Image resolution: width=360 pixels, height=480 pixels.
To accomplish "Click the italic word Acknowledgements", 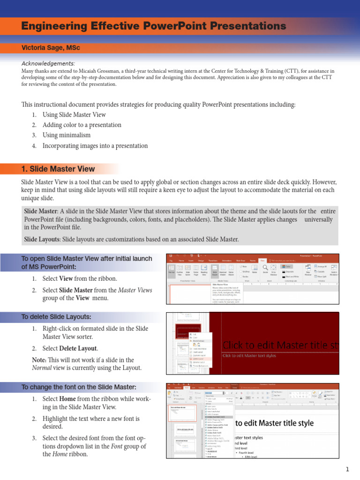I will [48, 63].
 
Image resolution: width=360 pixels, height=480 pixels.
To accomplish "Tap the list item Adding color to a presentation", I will [82, 125].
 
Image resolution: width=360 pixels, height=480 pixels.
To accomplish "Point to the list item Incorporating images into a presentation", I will [95, 146].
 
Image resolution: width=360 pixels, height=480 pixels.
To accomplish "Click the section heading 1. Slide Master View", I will [58, 169].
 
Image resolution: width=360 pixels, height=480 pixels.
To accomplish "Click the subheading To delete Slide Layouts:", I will [56, 317].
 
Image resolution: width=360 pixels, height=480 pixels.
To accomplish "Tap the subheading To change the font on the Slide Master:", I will [79, 387].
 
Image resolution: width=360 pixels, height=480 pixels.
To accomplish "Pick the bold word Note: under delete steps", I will [39, 360].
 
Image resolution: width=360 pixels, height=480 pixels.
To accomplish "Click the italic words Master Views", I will [135, 291].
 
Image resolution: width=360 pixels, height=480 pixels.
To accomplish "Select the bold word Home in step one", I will [68, 399].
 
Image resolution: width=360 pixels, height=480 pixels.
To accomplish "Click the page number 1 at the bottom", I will [348, 469].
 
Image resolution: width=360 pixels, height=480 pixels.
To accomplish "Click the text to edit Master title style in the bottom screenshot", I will [274, 423].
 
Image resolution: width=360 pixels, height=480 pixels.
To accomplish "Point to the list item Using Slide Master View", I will [74, 115].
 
